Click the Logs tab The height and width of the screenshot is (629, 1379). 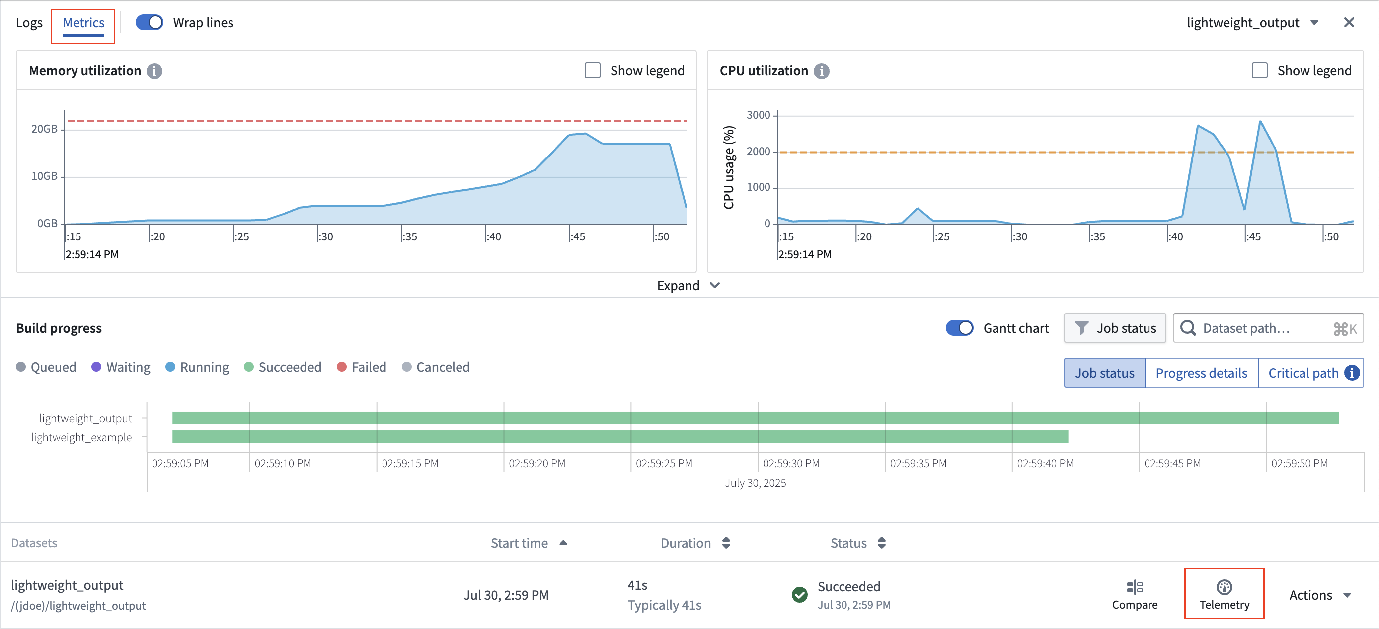[29, 23]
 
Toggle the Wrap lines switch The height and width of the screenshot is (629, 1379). [149, 22]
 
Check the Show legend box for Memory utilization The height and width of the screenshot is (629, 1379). [592, 70]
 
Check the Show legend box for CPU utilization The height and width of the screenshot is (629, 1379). [1259, 70]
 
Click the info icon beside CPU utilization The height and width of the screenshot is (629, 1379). [821, 71]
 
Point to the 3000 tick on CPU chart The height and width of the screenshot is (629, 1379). [758, 115]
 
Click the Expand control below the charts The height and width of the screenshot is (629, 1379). [688, 285]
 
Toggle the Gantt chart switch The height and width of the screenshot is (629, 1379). [959, 327]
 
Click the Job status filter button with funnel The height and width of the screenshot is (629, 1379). [1115, 327]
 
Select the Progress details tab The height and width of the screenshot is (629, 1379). [1201, 373]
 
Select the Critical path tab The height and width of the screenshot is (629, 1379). [1303, 373]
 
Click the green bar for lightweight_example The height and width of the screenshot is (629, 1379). [619, 436]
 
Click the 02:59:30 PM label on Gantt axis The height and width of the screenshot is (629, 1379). [791, 463]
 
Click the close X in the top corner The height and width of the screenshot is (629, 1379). [1349, 22]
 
